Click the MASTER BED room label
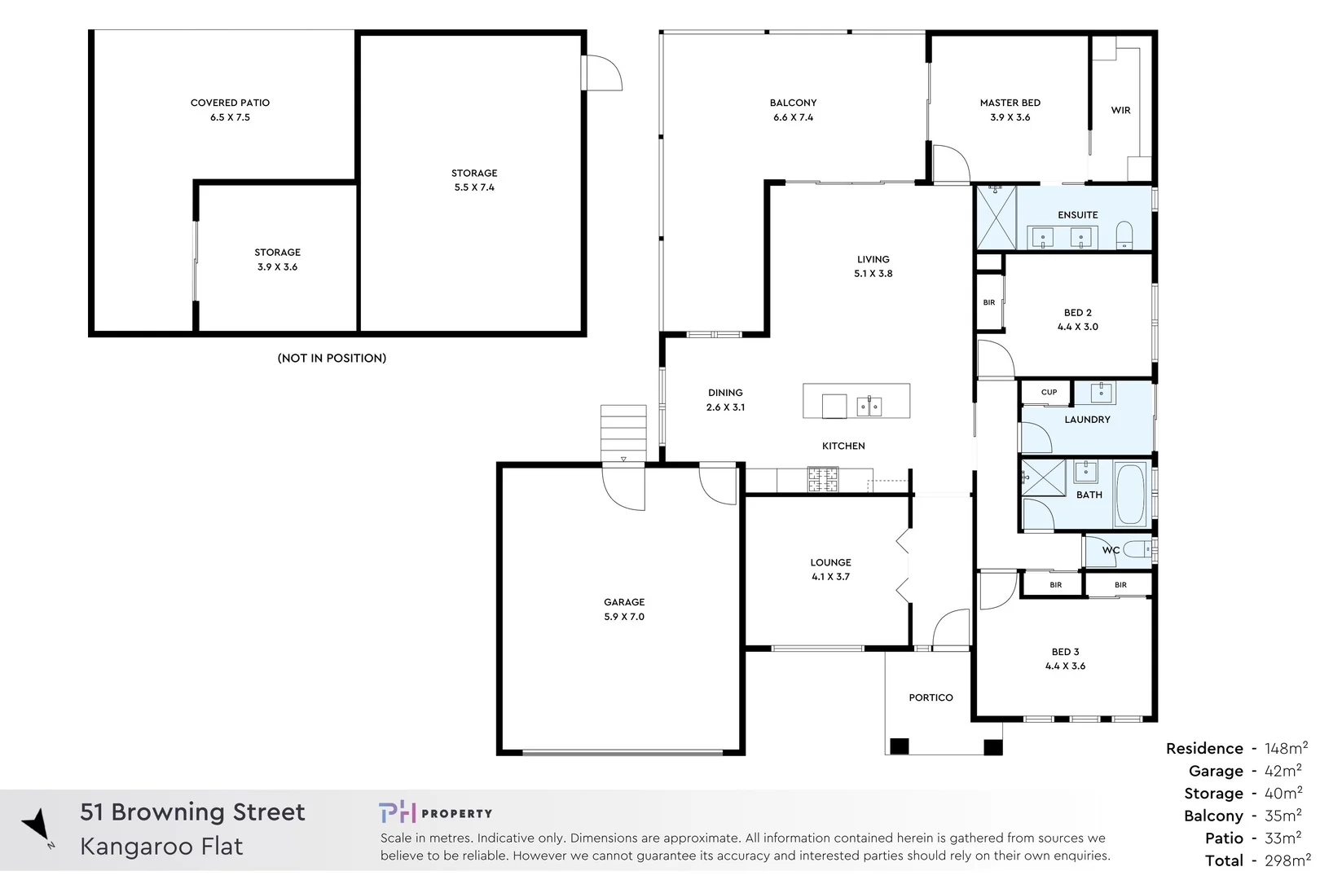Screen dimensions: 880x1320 point(1010,103)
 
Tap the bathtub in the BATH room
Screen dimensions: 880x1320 point(1129,495)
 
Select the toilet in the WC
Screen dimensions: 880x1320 point(1136,550)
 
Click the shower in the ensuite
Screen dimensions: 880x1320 point(997,218)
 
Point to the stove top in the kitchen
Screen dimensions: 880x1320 point(822,480)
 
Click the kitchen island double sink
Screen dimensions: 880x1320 point(869,406)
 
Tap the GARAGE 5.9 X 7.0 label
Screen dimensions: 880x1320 point(624,609)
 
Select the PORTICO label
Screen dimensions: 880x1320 point(931,697)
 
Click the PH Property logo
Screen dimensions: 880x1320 point(435,812)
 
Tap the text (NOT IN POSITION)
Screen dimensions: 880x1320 point(332,358)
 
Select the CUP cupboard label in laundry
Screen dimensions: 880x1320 point(1049,392)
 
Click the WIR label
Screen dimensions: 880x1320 point(1120,110)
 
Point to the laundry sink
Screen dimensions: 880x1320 point(1101,393)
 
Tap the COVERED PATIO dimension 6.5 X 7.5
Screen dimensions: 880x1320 point(230,117)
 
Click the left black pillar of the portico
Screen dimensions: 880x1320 point(899,746)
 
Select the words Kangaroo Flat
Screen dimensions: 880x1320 point(161,847)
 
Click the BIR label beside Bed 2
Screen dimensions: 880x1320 point(988,302)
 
